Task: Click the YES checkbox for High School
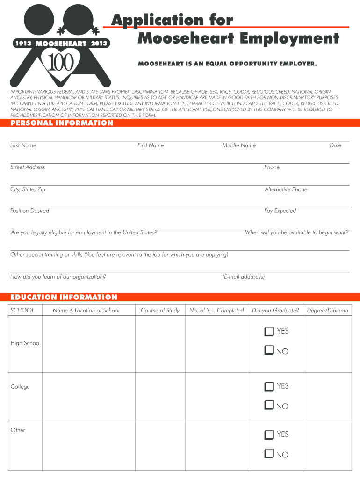(x=268, y=332)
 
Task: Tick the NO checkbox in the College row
(x=268, y=405)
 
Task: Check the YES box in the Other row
(x=268, y=435)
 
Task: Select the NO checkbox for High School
(x=268, y=350)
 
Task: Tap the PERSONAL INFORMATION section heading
(x=62, y=123)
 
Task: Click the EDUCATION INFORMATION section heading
(x=64, y=297)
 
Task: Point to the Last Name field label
(x=23, y=145)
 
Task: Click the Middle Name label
(x=239, y=145)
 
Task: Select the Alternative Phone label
(x=286, y=189)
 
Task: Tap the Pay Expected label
(x=280, y=211)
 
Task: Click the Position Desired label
(x=30, y=211)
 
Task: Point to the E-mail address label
(x=244, y=277)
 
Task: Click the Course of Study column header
(x=160, y=311)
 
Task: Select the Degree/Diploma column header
(x=327, y=311)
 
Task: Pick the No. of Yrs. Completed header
(x=216, y=311)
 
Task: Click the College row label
(x=20, y=387)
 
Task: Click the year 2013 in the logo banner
(x=99, y=44)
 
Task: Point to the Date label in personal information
(x=335, y=145)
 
